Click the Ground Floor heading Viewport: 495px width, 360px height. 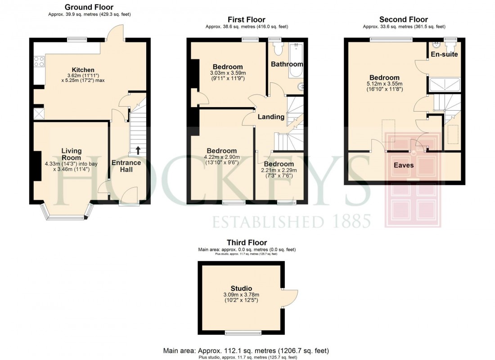click(x=89, y=7)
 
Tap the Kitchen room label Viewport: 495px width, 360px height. click(x=83, y=70)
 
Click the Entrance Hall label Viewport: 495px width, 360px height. click(x=126, y=166)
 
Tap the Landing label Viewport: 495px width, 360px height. click(x=271, y=117)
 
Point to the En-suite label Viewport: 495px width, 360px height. click(x=444, y=54)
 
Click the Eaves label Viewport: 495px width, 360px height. click(x=404, y=165)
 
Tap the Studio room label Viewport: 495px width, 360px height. click(x=241, y=288)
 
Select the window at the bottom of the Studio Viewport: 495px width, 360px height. click(x=239, y=333)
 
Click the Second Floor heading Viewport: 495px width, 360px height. click(x=403, y=19)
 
